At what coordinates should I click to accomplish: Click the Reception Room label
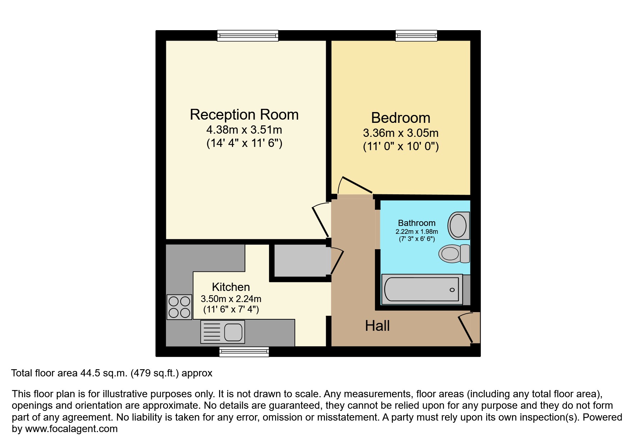pyautogui.click(x=244, y=115)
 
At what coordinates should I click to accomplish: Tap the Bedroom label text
pyautogui.click(x=400, y=118)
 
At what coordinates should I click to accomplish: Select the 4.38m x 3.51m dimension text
pyautogui.click(x=244, y=130)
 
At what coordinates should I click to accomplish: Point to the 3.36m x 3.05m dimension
pyautogui.click(x=400, y=133)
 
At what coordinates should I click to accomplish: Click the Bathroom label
pyautogui.click(x=417, y=223)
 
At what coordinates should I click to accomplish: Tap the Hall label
pyautogui.click(x=377, y=326)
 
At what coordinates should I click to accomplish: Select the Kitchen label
pyautogui.click(x=231, y=287)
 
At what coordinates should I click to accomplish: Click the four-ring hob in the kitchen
pyautogui.click(x=179, y=307)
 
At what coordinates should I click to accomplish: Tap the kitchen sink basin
pyautogui.click(x=233, y=332)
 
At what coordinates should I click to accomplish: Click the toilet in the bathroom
pyautogui.click(x=454, y=254)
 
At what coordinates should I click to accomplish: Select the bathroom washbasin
pyautogui.click(x=458, y=226)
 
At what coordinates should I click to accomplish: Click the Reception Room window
pyautogui.click(x=248, y=36)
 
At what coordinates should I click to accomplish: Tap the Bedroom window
pyautogui.click(x=416, y=36)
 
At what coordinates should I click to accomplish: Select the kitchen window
pyautogui.click(x=244, y=352)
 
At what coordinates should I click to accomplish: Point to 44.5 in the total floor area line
pyautogui.click(x=89, y=373)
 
